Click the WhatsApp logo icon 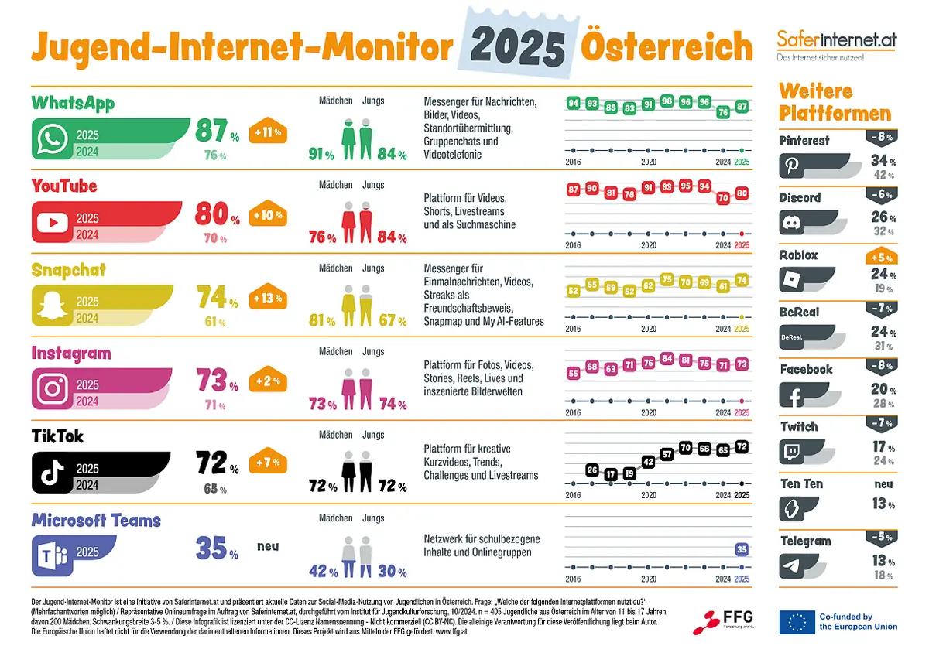(x=52, y=142)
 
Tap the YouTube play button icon (x=52, y=224)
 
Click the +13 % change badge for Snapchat (x=267, y=299)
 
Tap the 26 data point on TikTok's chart (x=592, y=470)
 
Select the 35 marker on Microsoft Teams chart (x=742, y=550)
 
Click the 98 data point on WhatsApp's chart (x=667, y=101)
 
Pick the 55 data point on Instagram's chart (x=574, y=373)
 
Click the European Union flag (x=797, y=622)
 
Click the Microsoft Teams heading (x=96, y=520)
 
